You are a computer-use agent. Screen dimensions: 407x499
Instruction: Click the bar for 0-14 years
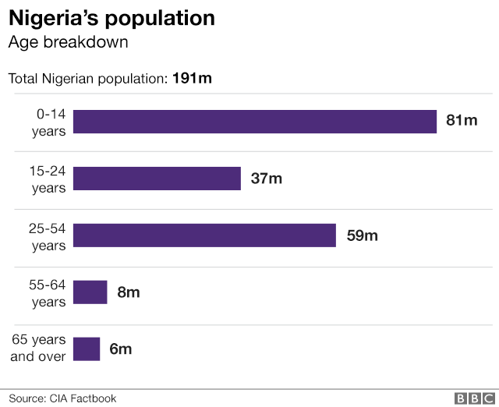(254, 122)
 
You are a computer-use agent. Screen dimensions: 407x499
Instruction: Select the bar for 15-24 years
(157, 179)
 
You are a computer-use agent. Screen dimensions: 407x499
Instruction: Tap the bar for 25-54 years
(204, 235)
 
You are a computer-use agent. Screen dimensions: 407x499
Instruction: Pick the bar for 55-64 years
(90, 292)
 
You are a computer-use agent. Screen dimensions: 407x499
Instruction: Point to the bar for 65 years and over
(87, 349)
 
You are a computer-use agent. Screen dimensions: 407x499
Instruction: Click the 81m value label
(461, 121)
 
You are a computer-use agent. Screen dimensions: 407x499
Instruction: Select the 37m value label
(266, 179)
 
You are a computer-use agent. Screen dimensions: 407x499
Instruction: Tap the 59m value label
(362, 235)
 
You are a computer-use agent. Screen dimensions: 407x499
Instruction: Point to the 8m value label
(129, 292)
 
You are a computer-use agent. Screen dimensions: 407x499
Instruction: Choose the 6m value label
(121, 349)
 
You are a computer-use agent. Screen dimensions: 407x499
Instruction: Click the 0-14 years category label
(48, 122)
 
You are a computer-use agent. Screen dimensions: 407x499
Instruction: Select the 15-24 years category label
(48, 179)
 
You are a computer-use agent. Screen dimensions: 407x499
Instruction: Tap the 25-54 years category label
(48, 235)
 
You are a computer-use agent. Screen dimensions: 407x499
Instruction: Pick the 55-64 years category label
(48, 292)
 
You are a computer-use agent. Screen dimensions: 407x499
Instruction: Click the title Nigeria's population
(111, 17)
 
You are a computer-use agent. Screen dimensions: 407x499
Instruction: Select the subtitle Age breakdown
(68, 42)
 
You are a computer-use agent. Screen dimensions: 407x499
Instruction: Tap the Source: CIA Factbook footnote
(62, 398)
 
